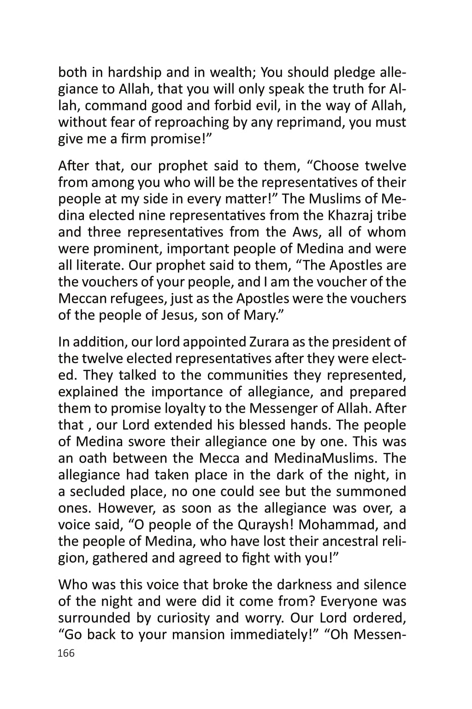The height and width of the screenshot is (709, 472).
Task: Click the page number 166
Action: click(x=66, y=653)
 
